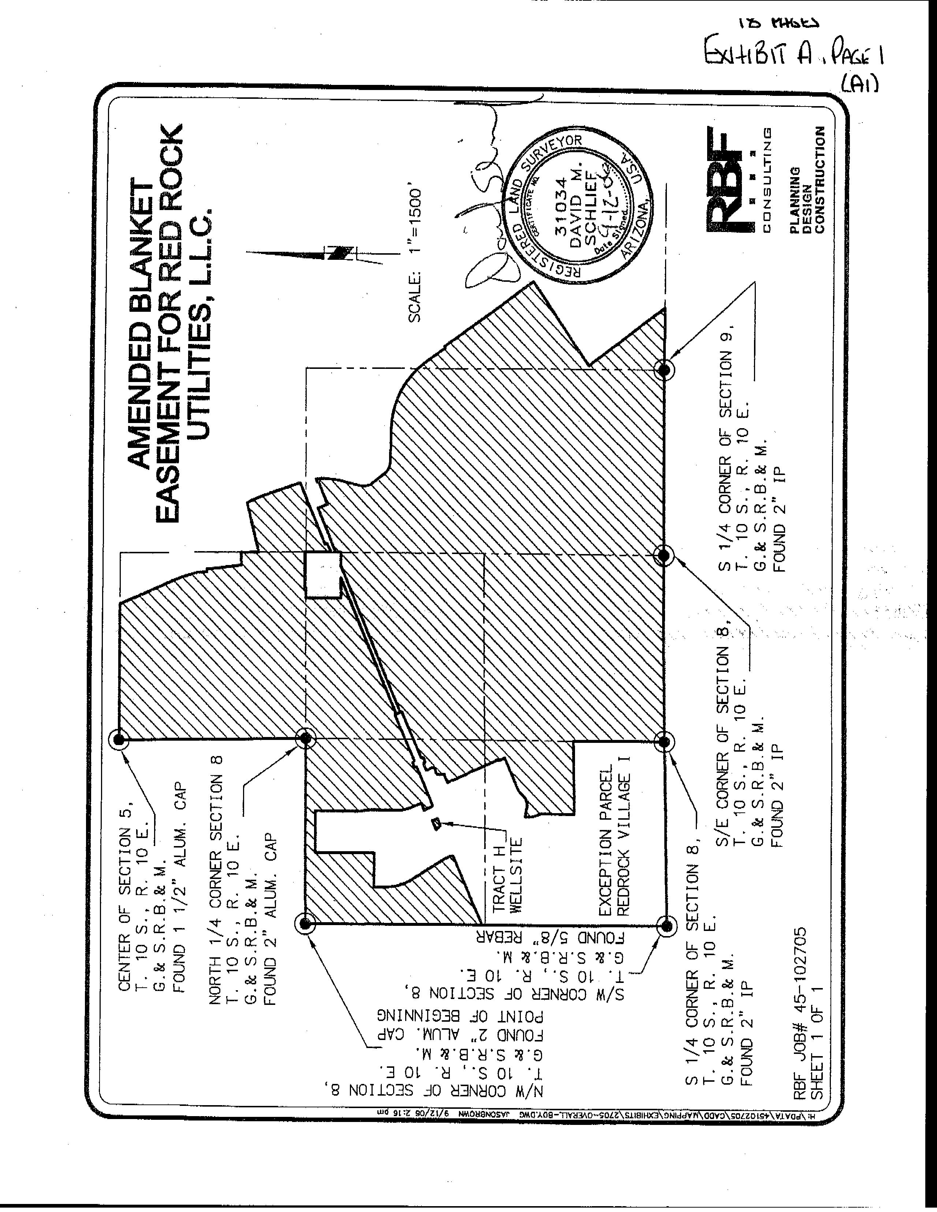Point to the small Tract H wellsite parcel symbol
point(436,824)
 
